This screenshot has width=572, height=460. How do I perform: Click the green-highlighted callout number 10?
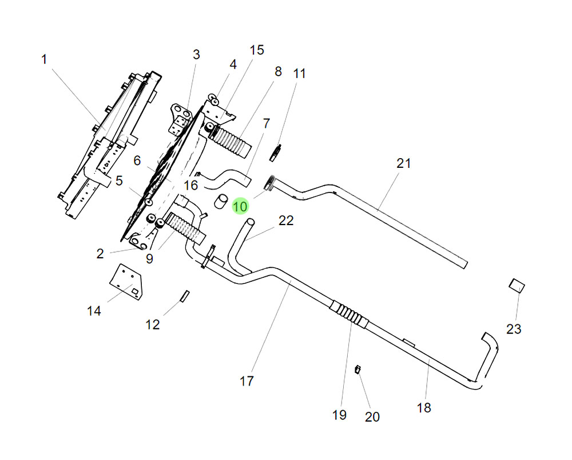click(240, 206)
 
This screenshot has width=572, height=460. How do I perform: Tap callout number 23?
click(514, 329)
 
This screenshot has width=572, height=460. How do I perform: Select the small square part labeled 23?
click(517, 285)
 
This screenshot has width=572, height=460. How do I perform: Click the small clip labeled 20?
click(359, 369)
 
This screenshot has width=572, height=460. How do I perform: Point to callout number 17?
click(247, 380)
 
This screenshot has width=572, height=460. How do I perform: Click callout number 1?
click(44, 59)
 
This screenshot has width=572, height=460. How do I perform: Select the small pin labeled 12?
click(184, 295)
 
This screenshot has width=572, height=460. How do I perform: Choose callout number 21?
click(404, 163)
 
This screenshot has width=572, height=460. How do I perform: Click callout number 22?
click(286, 221)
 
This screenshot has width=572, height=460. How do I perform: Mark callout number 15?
click(257, 50)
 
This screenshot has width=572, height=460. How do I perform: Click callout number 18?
click(424, 407)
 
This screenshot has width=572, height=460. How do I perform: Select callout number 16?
click(190, 186)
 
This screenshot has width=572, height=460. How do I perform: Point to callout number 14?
click(94, 310)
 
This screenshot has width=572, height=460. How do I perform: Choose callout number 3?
click(196, 55)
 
